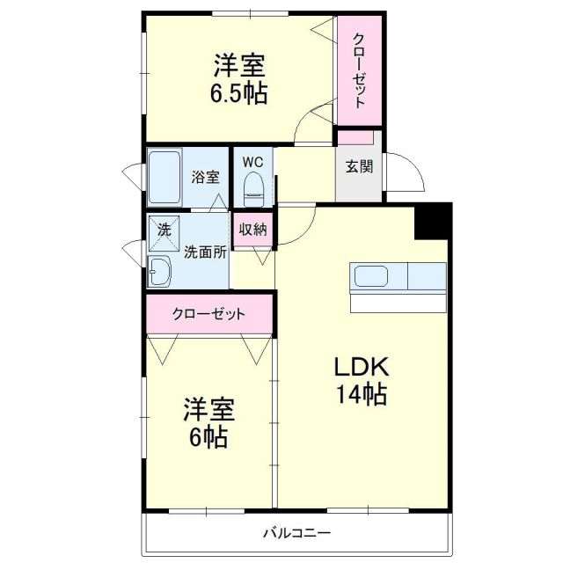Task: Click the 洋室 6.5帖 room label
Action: coord(238,78)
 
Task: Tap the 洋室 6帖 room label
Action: coord(209,422)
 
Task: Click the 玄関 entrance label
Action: coord(358,166)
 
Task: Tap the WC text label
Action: coord(253,162)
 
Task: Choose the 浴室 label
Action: coord(206,176)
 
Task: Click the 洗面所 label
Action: coord(205,251)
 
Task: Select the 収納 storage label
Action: coord(253,229)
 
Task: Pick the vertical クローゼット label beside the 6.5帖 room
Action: coord(360,70)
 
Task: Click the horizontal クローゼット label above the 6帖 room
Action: coord(209,314)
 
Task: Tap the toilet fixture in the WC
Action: coord(254,186)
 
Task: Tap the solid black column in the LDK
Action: coord(432,221)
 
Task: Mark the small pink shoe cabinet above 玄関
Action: coord(356,137)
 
